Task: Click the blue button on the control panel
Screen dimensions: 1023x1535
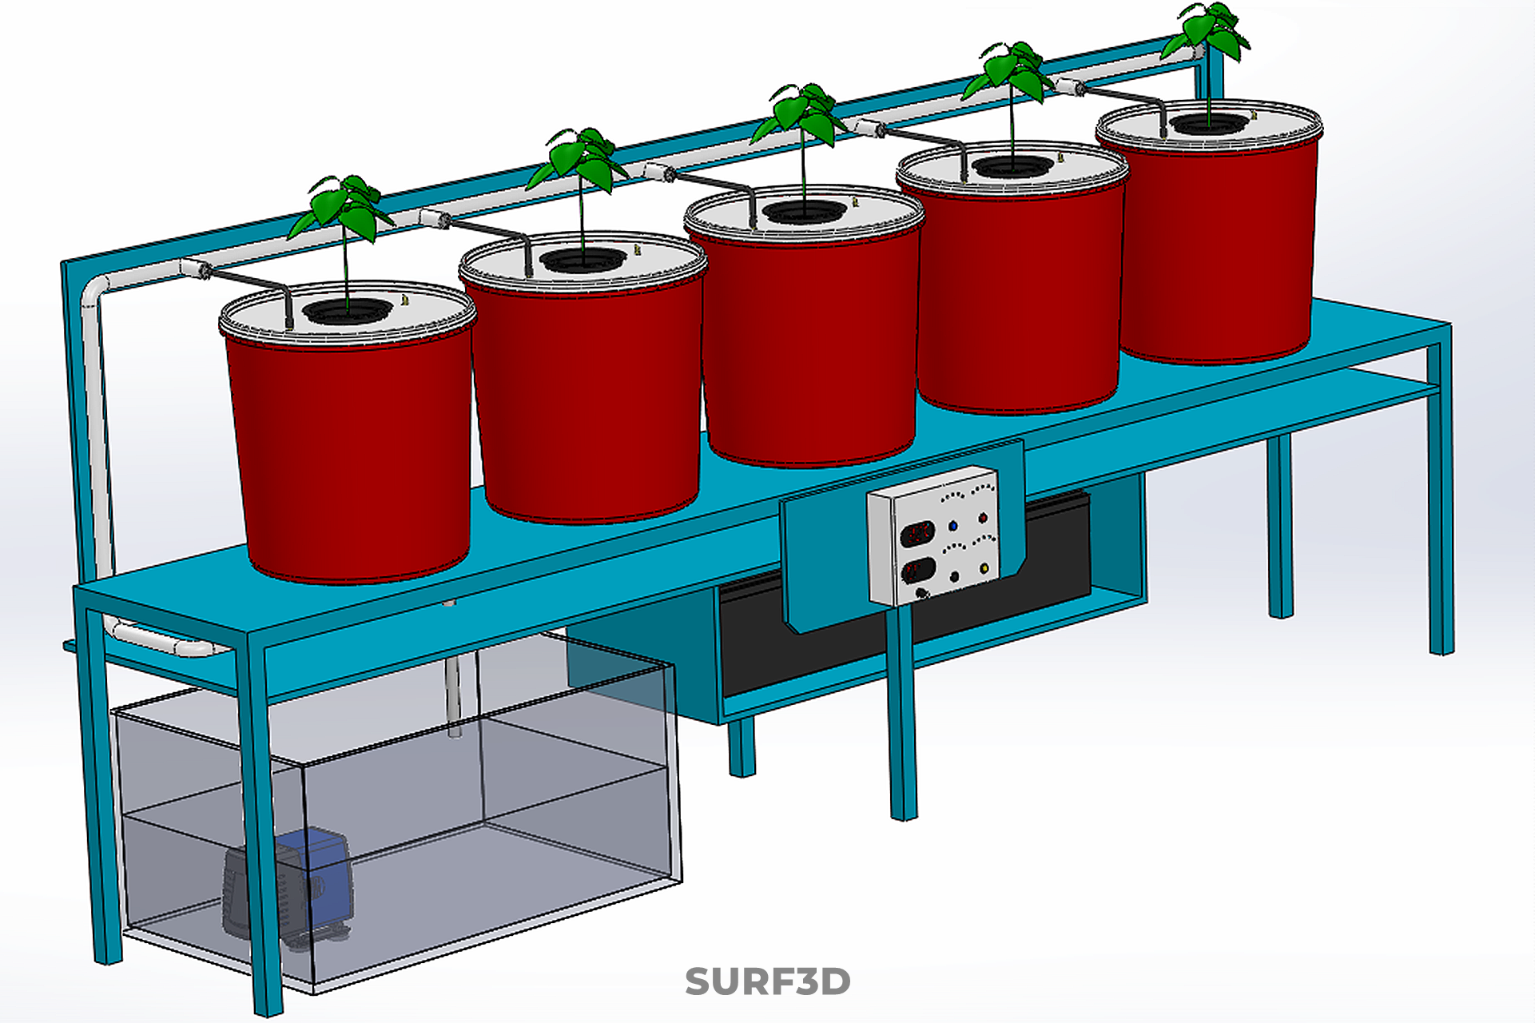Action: [x=952, y=527]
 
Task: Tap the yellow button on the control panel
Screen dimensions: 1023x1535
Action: [x=984, y=569]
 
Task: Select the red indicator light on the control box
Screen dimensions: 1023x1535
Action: [x=982, y=519]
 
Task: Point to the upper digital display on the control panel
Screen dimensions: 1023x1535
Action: [x=917, y=533]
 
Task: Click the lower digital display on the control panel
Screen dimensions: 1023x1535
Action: [x=917, y=571]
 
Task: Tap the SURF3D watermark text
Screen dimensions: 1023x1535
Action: [x=767, y=981]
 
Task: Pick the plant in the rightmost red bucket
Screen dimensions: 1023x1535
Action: [x=1209, y=32]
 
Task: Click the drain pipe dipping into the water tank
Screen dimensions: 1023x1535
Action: [x=453, y=687]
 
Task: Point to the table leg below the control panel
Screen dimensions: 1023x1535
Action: [x=902, y=719]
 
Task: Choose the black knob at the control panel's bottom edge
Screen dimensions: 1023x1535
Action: [x=922, y=593]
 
